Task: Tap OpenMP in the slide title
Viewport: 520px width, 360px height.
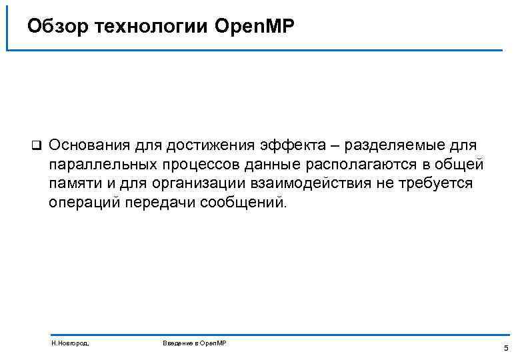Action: coord(254,26)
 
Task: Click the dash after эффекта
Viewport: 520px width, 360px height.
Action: coord(347,145)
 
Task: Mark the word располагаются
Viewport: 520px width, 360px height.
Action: coord(359,165)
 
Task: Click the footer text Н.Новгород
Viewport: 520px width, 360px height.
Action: coord(70,343)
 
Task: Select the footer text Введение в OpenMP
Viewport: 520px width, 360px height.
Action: coord(195,343)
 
